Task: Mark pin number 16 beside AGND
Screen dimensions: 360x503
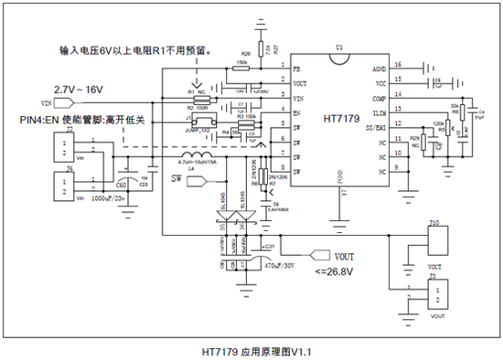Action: pyautogui.click(x=398, y=65)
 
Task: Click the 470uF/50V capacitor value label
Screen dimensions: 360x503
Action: pyautogui.click(x=277, y=265)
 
